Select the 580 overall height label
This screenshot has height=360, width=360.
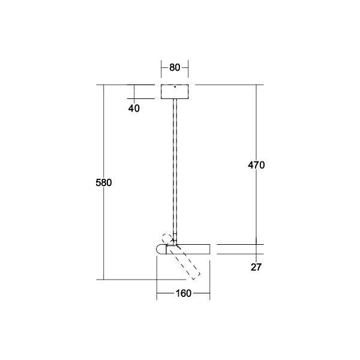[104, 182]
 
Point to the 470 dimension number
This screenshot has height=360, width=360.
[256, 164]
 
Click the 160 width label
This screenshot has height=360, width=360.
[184, 293]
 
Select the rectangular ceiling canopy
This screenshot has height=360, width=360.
[175, 92]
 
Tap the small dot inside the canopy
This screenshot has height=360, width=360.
[175, 88]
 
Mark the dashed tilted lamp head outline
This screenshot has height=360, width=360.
[185, 258]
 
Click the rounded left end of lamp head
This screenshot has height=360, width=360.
[160, 248]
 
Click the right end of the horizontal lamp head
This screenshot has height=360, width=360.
[209, 248]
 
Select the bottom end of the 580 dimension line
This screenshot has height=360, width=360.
[104, 279]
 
